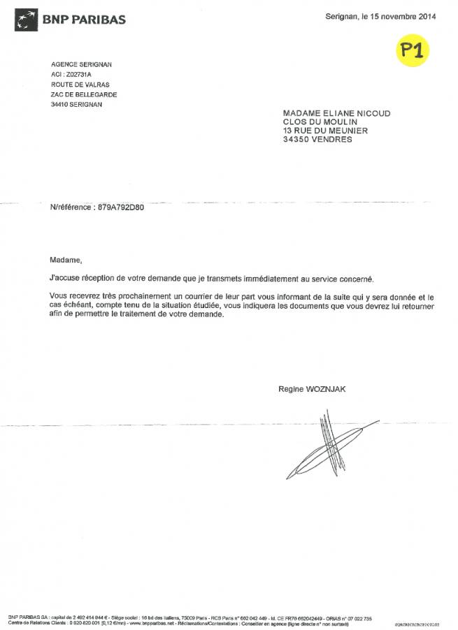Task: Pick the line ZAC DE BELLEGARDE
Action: (x=84, y=94)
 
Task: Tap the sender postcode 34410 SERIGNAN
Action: (x=76, y=104)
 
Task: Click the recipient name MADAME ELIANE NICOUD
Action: (x=336, y=112)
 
